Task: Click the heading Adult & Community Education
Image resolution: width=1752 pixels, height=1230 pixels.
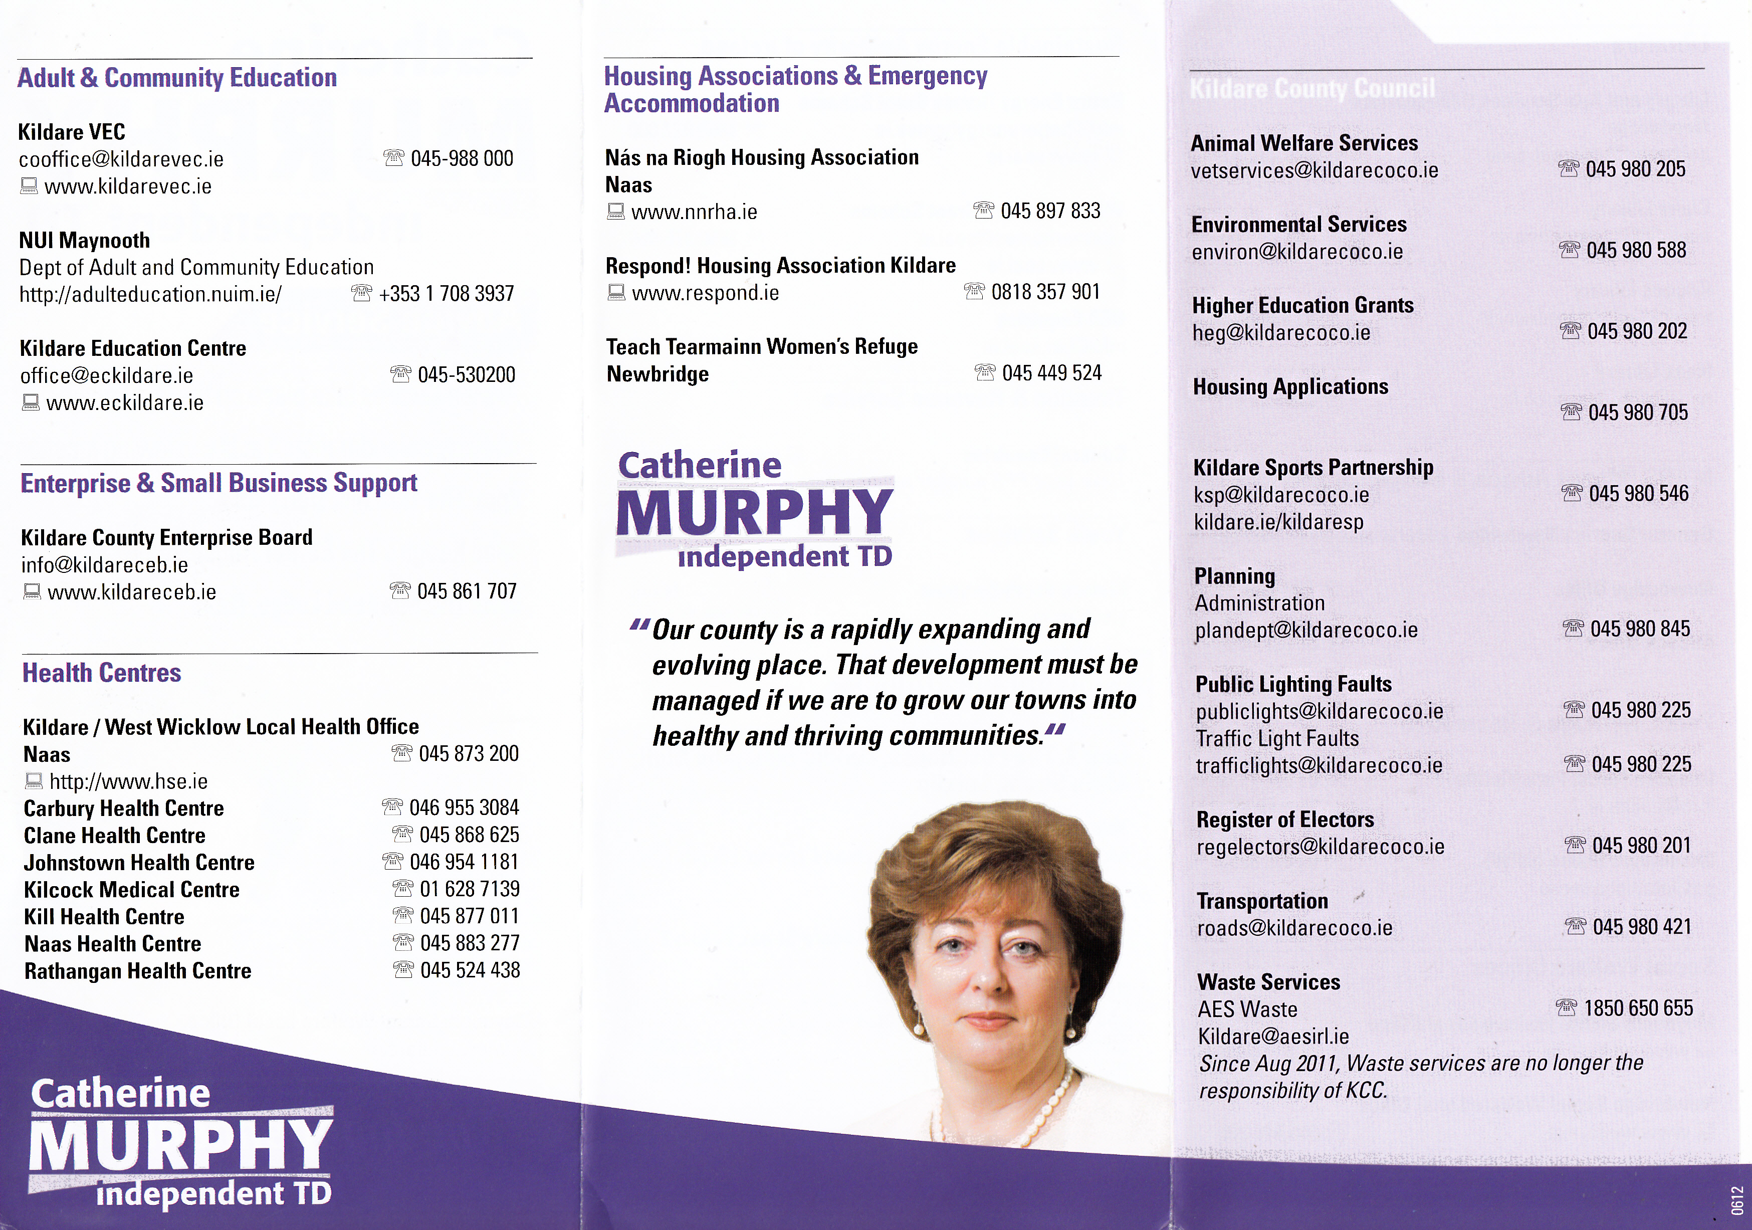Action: (177, 78)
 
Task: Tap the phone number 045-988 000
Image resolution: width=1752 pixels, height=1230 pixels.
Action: (462, 159)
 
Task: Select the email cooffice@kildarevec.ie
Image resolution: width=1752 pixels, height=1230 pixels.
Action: (121, 159)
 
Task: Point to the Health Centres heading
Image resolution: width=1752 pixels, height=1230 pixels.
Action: (102, 673)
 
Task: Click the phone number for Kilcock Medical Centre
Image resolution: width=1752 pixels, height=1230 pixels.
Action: (469, 889)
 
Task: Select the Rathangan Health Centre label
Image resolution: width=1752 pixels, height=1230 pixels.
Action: (137, 971)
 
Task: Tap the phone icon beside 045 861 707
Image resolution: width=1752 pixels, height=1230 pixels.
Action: (400, 590)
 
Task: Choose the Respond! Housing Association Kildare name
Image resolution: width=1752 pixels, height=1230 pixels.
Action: (780, 266)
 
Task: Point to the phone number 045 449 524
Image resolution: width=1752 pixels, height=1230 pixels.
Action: (1051, 373)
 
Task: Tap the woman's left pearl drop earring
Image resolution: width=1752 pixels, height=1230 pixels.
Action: (1070, 1030)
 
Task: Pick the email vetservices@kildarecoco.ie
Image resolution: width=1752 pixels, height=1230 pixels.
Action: (1314, 170)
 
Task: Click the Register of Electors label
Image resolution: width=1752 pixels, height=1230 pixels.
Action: (1285, 819)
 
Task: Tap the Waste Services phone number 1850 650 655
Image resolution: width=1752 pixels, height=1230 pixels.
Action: (1638, 1008)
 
